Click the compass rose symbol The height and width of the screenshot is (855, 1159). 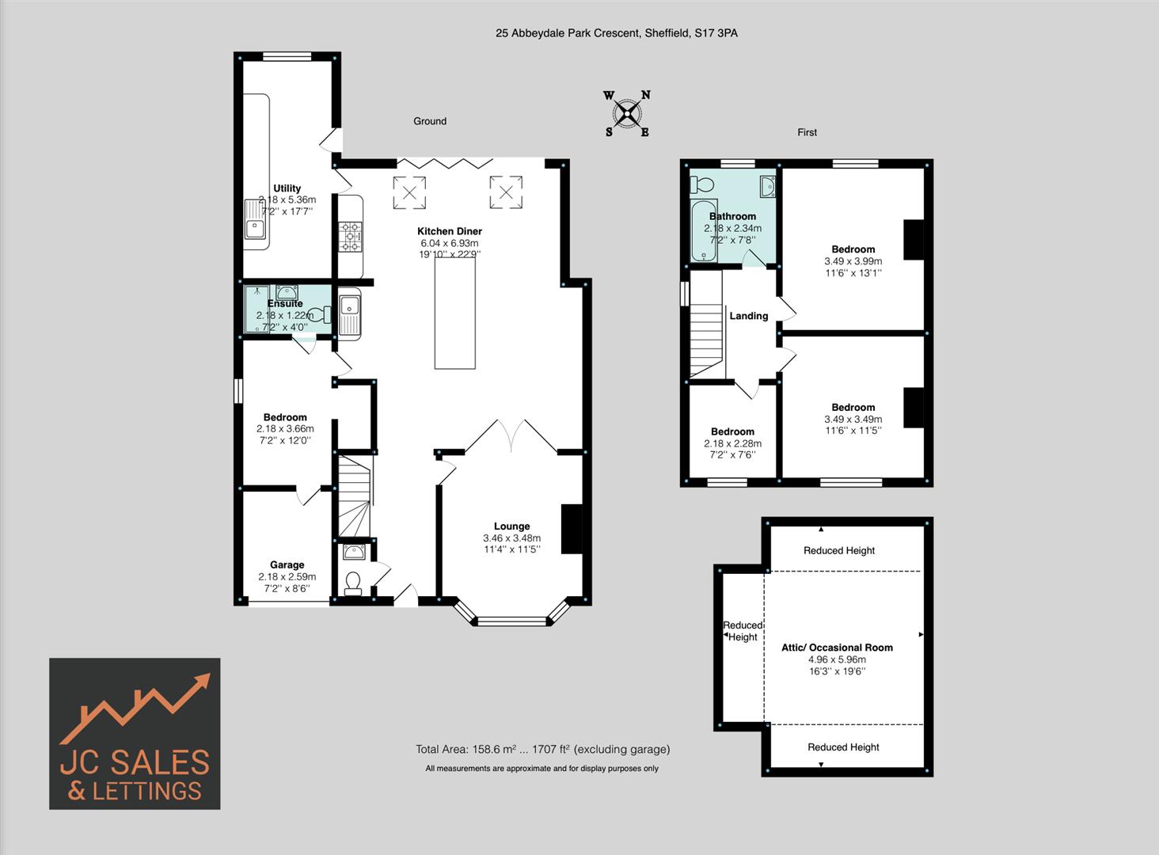pos(627,115)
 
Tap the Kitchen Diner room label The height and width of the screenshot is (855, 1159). pos(450,231)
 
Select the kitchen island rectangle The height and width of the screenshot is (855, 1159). pos(454,313)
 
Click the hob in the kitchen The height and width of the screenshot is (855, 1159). pos(351,237)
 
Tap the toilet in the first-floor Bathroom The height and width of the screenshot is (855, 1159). pos(701,184)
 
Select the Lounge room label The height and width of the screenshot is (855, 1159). pos(511,526)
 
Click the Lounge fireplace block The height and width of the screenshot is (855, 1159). pos(571,528)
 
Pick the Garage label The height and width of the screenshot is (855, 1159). pos(287,565)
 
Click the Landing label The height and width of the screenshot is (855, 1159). pos(748,316)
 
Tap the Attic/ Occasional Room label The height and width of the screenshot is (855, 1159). pos(837,648)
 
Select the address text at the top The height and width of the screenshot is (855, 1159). pos(616,33)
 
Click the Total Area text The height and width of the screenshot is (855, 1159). pos(542,749)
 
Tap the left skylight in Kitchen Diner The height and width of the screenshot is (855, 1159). pos(410,191)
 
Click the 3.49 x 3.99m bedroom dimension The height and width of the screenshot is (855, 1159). pos(853,261)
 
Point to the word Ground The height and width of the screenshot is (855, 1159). pos(430,121)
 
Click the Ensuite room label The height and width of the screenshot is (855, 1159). pos(285,303)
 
